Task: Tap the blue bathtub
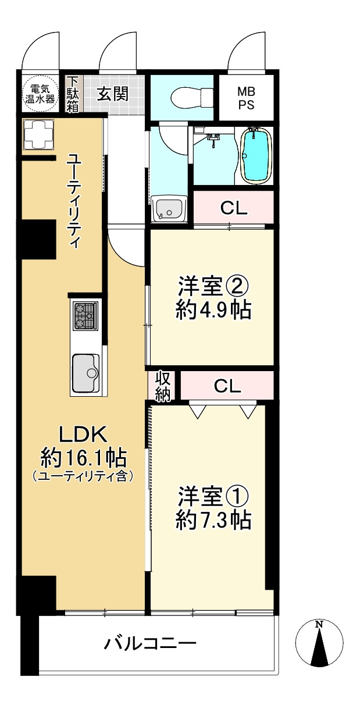coord(255,155)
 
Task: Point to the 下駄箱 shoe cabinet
coord(73,94)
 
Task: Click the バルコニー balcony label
coord(150,644)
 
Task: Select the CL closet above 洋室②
coord(233,208)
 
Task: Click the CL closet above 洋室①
coord(227,386)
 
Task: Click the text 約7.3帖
coord(213,519)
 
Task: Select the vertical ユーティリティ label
coord(74,201)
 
